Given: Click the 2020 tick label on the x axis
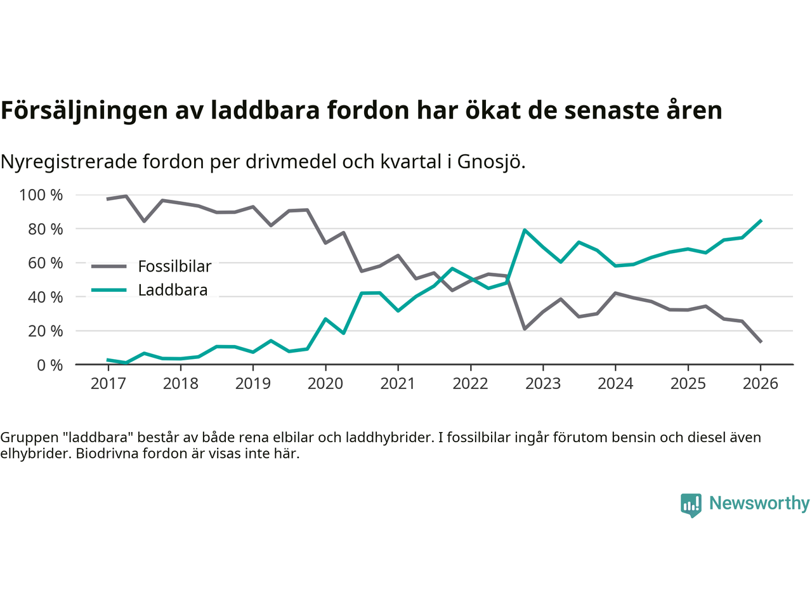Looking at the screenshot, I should coord(325,384).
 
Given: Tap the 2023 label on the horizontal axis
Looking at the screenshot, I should coord(543,384).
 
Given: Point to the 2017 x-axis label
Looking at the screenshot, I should coord(108,384).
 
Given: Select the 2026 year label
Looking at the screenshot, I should coord(760,384).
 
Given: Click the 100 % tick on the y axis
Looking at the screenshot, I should coord(41,195).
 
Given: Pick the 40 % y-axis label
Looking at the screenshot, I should coord(45,297).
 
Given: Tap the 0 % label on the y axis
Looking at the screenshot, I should coord(49,365).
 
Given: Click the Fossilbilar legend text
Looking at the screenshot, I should coord(174,266).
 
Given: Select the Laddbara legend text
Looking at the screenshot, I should coord(173,291).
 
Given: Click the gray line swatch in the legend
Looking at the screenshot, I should coord(108,266).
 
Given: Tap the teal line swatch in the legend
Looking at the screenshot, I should coord(108,291).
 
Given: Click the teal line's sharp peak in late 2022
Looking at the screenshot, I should coord(525,230).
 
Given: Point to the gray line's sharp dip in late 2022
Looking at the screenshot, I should coord(525,329).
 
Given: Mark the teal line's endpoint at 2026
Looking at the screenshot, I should coord(761,221).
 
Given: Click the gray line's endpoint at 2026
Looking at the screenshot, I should coord(761,342).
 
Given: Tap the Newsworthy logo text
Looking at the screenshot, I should coord(759,503).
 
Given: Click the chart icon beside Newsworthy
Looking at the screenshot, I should coord(691,505).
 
